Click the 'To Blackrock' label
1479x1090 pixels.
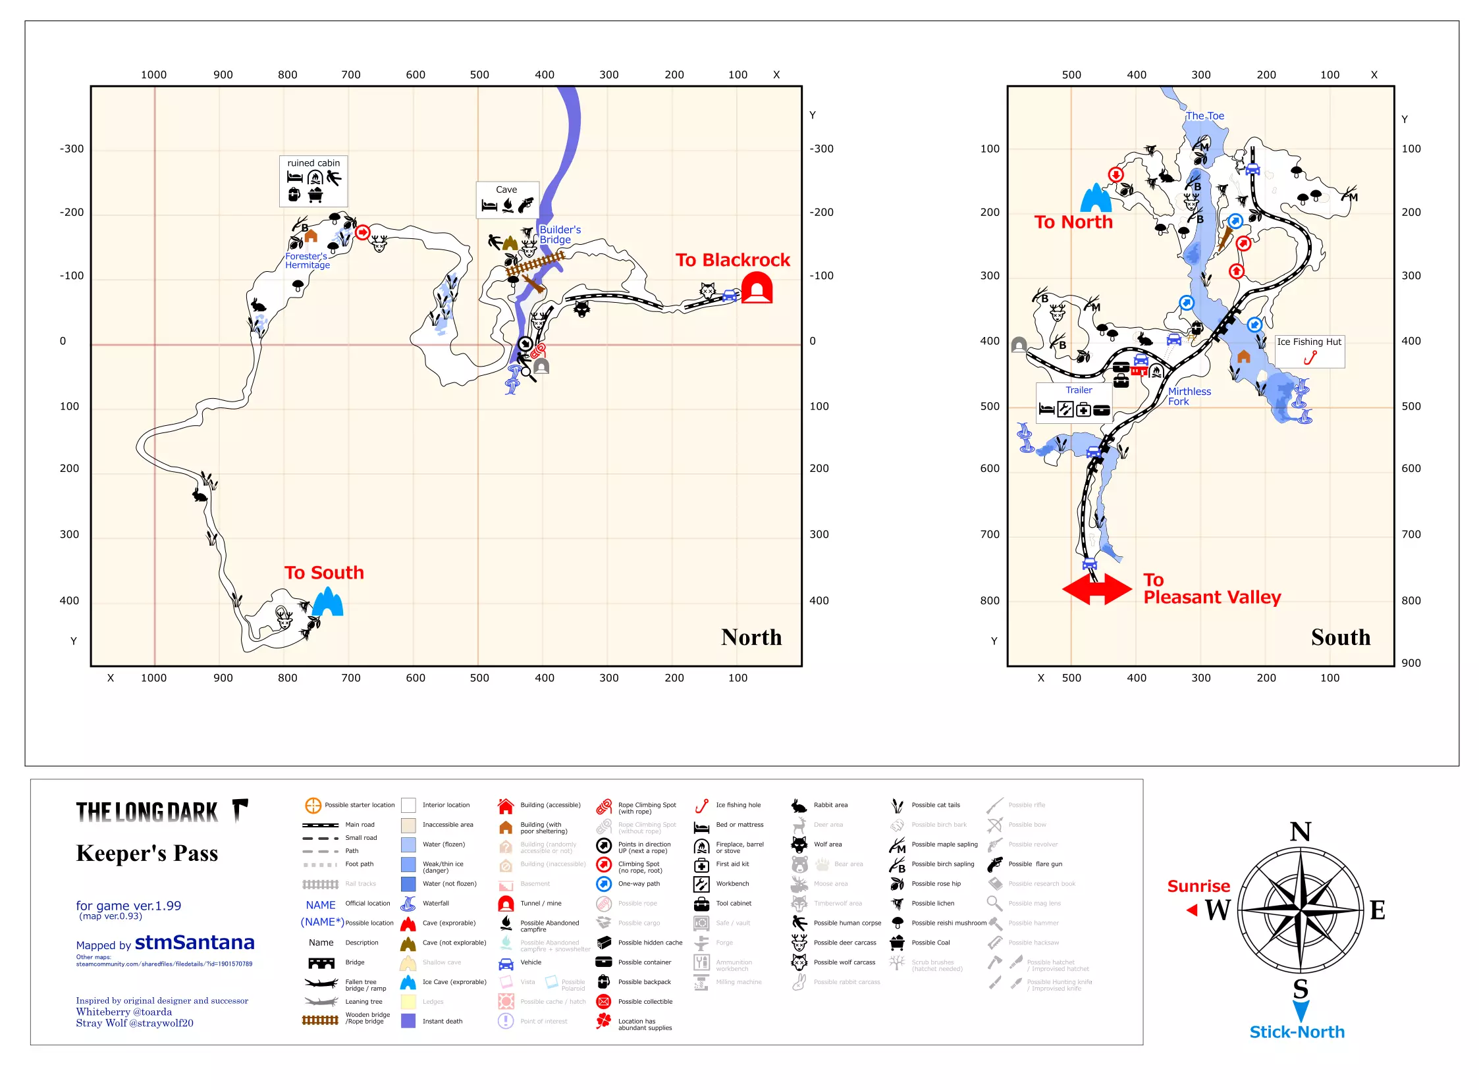732,260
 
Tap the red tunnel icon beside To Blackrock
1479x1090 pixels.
757,288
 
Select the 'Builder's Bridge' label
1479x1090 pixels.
559,234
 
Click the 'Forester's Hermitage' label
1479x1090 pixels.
307,261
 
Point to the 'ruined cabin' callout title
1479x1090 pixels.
313,163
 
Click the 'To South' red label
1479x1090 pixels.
324,572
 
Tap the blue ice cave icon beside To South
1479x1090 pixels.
327,602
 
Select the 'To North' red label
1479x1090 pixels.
1073,222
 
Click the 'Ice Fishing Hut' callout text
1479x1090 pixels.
1308,342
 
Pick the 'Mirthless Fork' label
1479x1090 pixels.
1189,396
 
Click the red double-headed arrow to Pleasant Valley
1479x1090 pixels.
1096,588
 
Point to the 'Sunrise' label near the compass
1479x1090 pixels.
1198,885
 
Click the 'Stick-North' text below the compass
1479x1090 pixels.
1296,1031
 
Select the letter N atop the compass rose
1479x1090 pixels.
1299,831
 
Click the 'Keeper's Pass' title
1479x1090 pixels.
147,853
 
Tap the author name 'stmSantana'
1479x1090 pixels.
194,942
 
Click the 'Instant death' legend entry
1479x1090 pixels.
442,1021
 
